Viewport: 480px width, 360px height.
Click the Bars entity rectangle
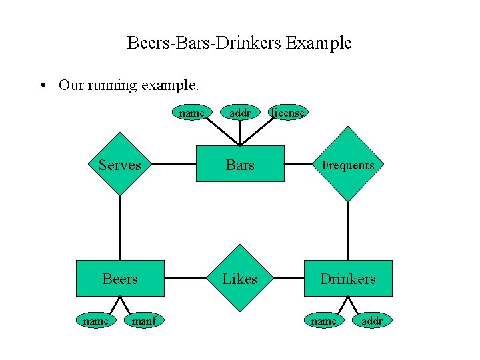tap(240, 164)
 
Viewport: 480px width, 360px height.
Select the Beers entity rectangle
tap(120, 278)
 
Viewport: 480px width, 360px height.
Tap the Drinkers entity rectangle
tap(348, 278)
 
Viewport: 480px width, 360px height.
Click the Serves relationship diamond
tap(120, 164)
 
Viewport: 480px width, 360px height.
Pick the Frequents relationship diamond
tap(348, 164)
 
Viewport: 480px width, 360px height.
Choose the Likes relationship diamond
tap(240, 278)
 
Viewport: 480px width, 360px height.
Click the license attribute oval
tap(288, 113)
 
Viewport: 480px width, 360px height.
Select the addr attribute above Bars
tap(240, 113)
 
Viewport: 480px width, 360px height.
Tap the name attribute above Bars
tap(192, 113)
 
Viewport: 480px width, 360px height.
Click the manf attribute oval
tap(144, 321)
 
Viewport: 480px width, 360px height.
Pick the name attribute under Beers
tap(96, 321)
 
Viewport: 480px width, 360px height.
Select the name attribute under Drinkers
tap(324, 321)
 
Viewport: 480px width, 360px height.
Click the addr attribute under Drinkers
tap(371, 321)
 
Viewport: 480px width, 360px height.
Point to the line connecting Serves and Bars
tap(173, 164)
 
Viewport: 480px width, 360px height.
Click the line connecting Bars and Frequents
tap(299, 164)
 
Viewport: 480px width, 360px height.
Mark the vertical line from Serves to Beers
tap(120, 227)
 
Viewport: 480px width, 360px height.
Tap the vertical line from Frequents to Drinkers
tap(348, 230)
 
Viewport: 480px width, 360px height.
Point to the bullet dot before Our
tap(43, 85)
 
